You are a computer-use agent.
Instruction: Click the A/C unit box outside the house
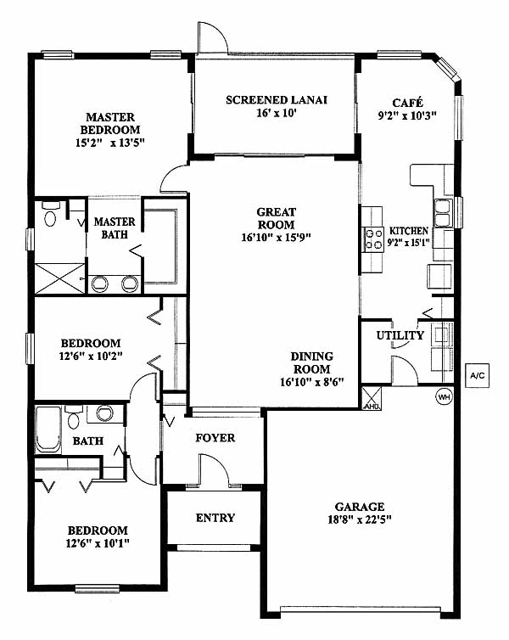477,375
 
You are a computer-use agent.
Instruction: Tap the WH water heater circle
444,396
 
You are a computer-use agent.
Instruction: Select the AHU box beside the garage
372,398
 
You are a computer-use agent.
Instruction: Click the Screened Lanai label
277,100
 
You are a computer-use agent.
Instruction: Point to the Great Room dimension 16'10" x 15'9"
276,238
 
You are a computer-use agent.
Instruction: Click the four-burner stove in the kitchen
374,239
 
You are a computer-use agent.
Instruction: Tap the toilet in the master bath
51,214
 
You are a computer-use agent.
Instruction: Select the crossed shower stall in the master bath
60,278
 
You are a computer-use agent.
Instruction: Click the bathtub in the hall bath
48,429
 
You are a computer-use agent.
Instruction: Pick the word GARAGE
360,507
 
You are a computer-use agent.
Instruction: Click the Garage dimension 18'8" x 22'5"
360,520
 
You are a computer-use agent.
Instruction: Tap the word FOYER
215,438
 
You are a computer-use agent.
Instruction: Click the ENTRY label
215,518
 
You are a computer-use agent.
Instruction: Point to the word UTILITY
400,335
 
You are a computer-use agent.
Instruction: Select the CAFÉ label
407,103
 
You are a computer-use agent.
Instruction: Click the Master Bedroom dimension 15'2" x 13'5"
110,143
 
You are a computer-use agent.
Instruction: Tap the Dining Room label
312,362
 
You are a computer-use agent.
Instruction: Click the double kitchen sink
443,213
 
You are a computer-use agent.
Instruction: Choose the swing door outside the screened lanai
212,37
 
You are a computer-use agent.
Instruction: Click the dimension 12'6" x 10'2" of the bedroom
91,356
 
